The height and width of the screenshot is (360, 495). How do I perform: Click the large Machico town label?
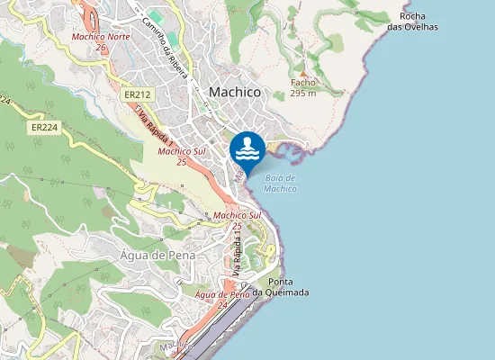[x=234, y=92]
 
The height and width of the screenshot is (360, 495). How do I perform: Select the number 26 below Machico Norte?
[x=101, y=48]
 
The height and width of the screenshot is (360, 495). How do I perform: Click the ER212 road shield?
[x=137, y=94]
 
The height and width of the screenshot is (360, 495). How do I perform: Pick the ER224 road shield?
[x=43, y=128]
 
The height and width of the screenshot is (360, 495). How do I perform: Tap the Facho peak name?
[x=302, y=82]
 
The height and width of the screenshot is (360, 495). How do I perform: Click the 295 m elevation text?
[x=303, y=93]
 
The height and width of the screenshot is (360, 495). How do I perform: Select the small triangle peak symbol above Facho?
[x=303, y=72]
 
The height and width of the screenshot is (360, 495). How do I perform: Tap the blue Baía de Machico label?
[x=281, y=183]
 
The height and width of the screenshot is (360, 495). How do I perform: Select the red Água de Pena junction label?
[x=221, y=294]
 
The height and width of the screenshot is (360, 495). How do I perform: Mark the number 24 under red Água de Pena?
[x=221, y=305]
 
